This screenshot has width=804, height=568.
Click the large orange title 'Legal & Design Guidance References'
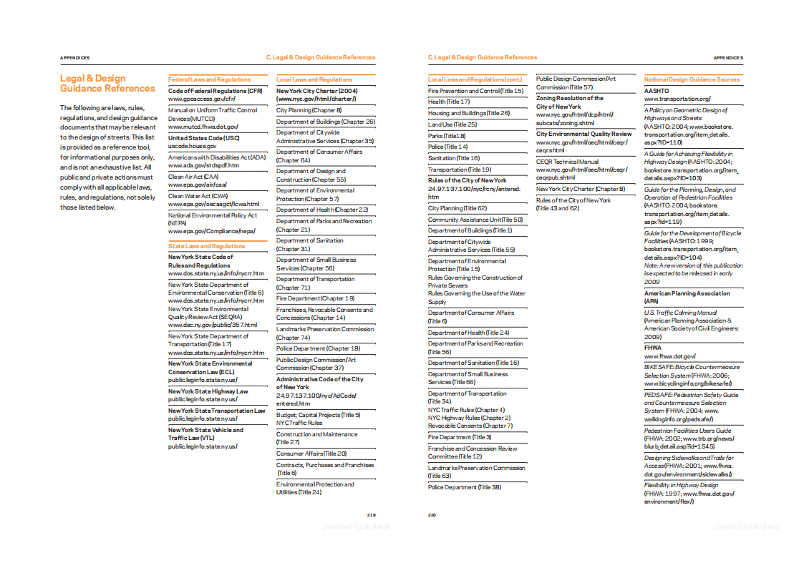[x=107, y=84]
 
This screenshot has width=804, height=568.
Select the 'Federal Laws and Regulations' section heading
[x=209, y=79]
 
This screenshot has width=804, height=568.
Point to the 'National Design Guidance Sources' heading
[x=692, y=79]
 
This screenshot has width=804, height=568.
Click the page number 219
[x=371, y=514]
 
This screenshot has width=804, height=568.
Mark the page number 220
[x=432, y=514]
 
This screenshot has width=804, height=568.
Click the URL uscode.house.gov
[x=193, y=146]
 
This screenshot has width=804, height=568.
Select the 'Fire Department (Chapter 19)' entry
[x=316, y=298]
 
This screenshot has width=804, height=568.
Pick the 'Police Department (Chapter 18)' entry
[x=318, y=348]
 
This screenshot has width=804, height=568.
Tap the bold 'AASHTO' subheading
[x=657, y=91]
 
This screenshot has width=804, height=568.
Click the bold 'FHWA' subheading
[x=653, y=348]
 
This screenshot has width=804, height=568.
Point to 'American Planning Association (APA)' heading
[x=687, y=298]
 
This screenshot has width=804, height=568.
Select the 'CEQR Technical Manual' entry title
[x=567, y=162]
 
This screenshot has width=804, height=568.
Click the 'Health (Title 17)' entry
[x=449, y=102]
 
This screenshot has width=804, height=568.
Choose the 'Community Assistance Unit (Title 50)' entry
[x=475, y=220]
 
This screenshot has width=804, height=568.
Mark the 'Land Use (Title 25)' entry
[x=452, y=124]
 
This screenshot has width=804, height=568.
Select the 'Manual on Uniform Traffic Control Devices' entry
[x=213, y=114]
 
